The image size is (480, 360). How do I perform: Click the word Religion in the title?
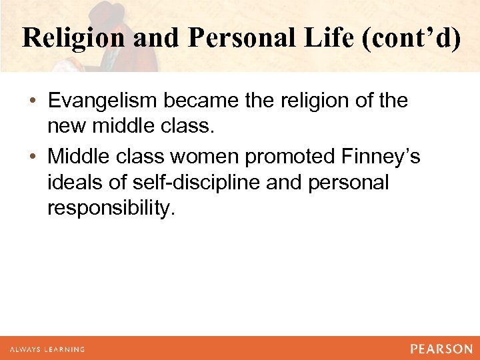(74, 38)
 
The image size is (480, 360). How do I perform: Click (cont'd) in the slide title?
(412, 38)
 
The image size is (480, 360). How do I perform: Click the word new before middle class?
(66, 127)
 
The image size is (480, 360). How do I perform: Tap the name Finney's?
(381, 157)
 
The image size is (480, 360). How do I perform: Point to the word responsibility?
(111, 208)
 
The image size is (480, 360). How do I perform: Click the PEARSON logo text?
(441, 348)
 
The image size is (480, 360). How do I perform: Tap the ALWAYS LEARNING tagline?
(47, 349)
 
